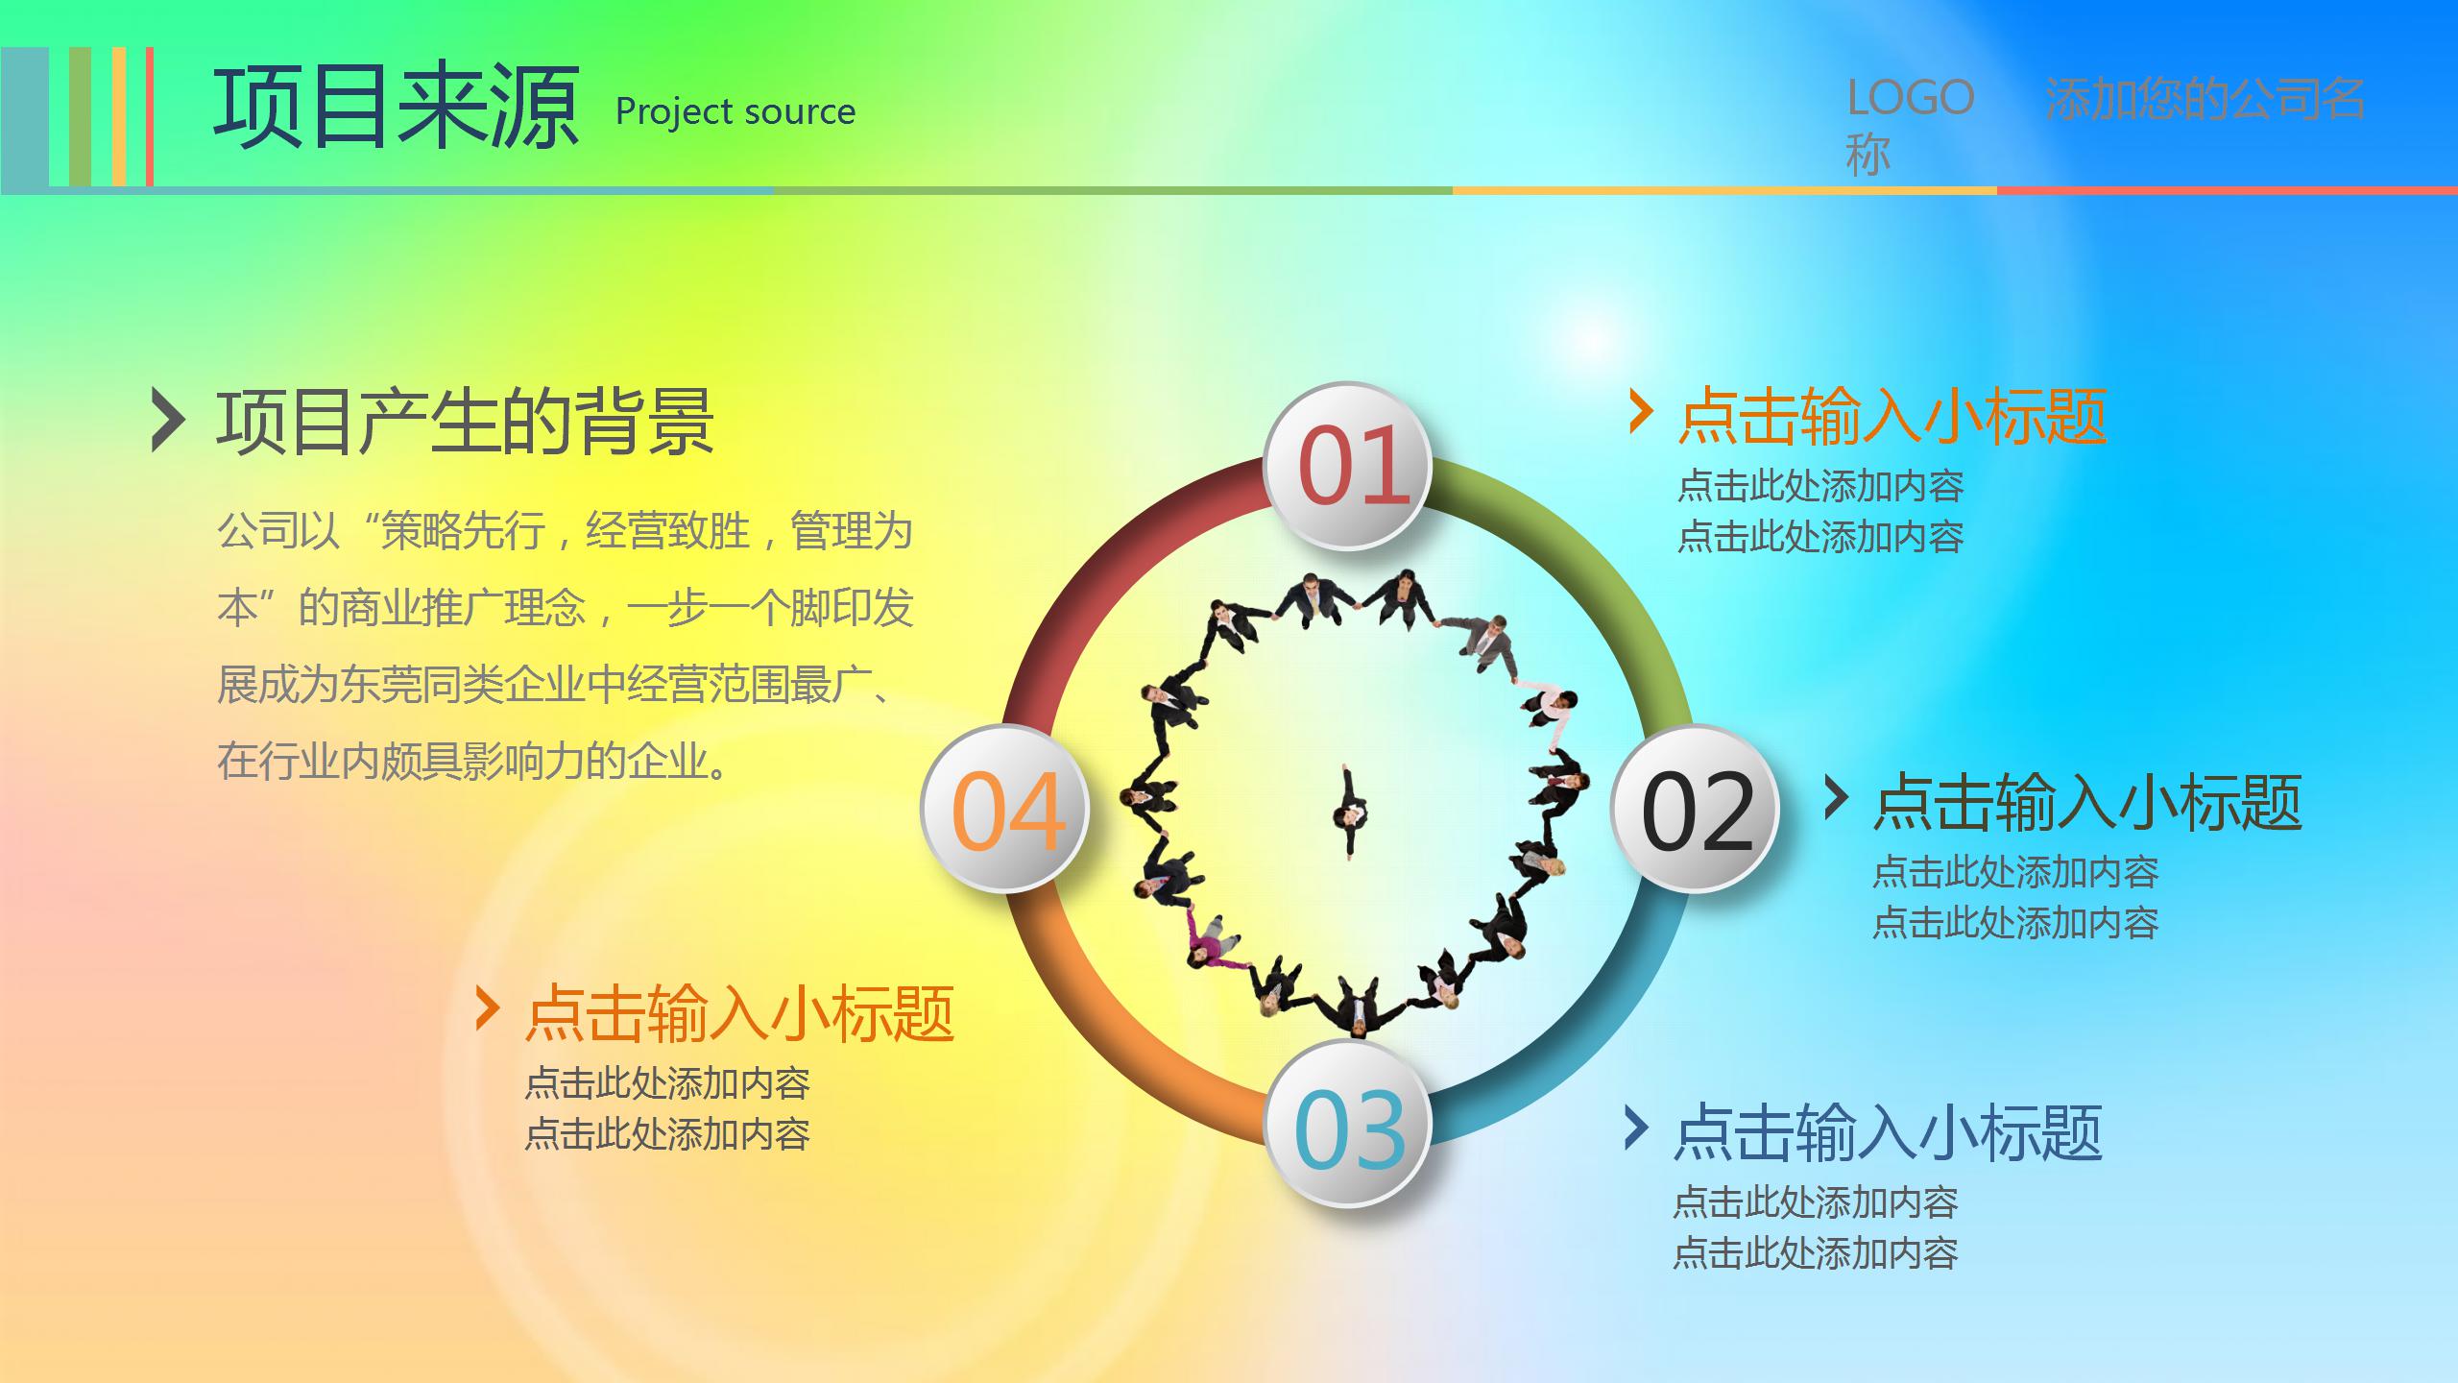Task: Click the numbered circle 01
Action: point(1348,467)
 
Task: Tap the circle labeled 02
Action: point(1696,810)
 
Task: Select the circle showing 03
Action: point(1348,1125)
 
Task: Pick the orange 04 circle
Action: point(1005,810)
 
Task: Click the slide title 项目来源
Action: point(396,108)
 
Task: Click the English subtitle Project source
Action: point(735,112)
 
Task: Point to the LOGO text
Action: point(1910,98)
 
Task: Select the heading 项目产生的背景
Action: point(465,422)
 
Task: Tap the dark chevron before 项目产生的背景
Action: point(167,420)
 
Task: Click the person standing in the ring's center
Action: point(1350,813)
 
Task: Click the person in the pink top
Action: point(1209,940)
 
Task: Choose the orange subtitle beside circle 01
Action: point(1892,418)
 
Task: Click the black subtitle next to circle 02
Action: point(2087,803)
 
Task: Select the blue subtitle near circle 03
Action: point(1888,1132)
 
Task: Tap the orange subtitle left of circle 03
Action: point(739,1014)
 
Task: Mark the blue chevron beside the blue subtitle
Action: point(1636,1128)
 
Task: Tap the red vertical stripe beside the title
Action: point(150,115)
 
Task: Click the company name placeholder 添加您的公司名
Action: point(2205,98)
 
